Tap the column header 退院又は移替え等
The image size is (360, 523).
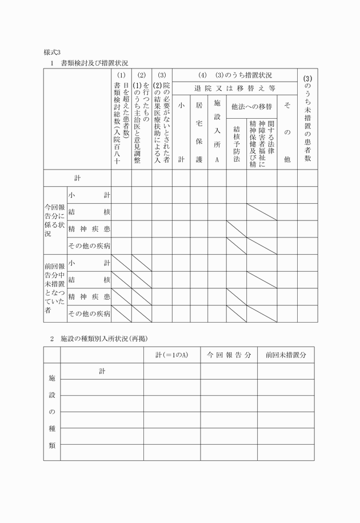tap(234, 88)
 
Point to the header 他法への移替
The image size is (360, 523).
tap(251, 106)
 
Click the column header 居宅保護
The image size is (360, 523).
tap(199, 131)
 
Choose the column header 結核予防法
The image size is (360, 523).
tap(236, 143)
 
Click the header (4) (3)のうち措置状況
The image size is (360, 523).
tap(235, 75)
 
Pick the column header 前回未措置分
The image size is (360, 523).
tap(286, 355)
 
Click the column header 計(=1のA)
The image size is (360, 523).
tap(171, 355)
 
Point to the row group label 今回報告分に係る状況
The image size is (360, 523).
tap(55, 220)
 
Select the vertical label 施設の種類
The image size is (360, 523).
tap(52, 411)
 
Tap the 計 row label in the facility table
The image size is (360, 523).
tap(102, 371)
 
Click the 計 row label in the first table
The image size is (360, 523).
tap(77, 178)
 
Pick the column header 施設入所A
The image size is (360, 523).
tap(217, 131)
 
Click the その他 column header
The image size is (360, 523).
tap(287, 131)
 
